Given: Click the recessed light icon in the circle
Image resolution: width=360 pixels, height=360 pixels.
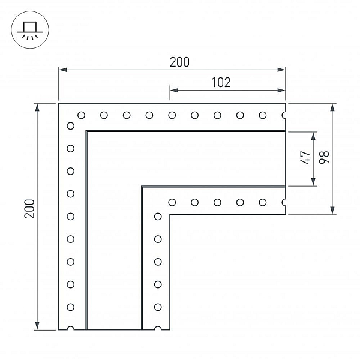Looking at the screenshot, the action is pos(30,30).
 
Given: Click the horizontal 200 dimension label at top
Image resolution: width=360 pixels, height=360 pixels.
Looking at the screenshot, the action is pos(179,62).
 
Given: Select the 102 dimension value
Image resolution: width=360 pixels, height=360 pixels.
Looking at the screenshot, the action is pos(221,82).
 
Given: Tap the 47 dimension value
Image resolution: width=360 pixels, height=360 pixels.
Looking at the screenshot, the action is pos(305,157).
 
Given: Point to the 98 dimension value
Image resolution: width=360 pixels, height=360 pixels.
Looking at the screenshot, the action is pos(324,157).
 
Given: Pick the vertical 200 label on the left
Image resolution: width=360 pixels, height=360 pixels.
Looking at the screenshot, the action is pos(29,209).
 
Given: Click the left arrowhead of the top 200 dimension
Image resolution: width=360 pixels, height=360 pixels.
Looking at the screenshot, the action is pos(62,70).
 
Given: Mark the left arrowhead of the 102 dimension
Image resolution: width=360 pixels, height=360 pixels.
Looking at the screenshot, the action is pos(174,90).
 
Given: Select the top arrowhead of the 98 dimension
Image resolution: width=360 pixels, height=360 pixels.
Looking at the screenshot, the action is pos(332,107).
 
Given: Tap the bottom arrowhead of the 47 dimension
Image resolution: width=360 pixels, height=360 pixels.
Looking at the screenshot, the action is pos(313,182).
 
